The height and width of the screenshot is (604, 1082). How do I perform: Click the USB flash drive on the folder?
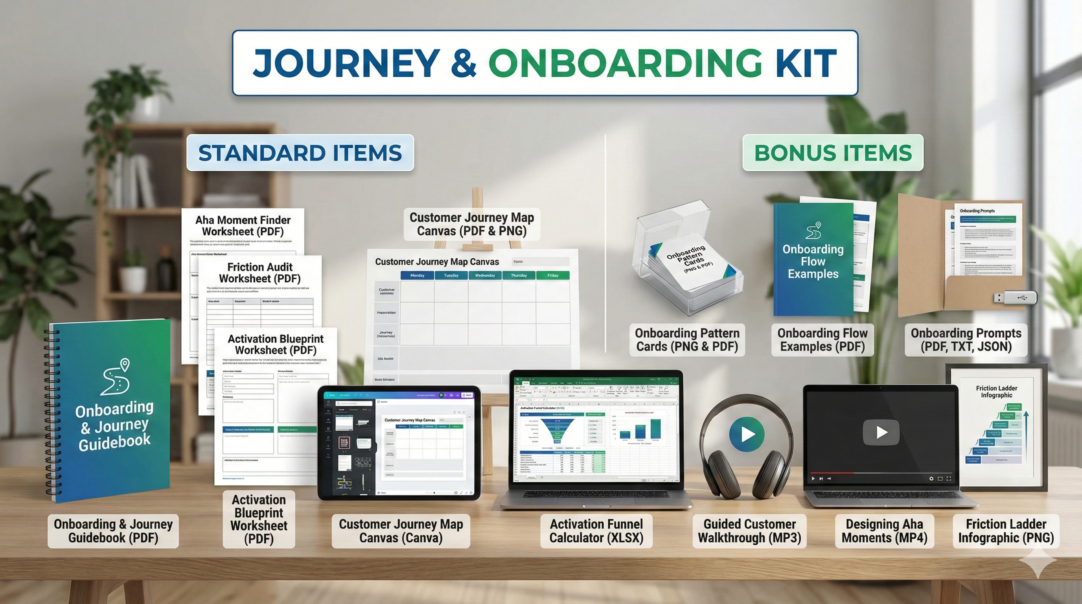1015,298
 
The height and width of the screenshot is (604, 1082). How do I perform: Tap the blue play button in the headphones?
747,434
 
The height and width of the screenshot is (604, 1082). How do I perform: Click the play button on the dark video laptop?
881,432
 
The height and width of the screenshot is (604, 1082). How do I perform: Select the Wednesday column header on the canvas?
485,276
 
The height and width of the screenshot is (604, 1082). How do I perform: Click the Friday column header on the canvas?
553,276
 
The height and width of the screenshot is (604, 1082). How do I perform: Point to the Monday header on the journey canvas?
417,276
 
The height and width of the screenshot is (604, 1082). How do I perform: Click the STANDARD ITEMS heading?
300,153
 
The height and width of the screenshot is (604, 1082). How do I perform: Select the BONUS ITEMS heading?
833,153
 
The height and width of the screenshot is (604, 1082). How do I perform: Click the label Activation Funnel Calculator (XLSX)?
596,531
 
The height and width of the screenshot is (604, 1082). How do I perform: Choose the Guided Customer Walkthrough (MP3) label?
749,531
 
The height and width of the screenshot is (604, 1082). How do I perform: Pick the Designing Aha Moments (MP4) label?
884,531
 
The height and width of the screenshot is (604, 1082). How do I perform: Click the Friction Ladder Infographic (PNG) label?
1006,531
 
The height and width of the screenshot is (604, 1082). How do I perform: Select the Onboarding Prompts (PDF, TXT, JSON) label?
966,340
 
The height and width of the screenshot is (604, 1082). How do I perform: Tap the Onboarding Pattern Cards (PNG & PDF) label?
687,340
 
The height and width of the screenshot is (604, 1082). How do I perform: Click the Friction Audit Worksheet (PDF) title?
259,273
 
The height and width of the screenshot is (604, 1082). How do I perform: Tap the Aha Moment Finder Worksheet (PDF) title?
243,226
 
